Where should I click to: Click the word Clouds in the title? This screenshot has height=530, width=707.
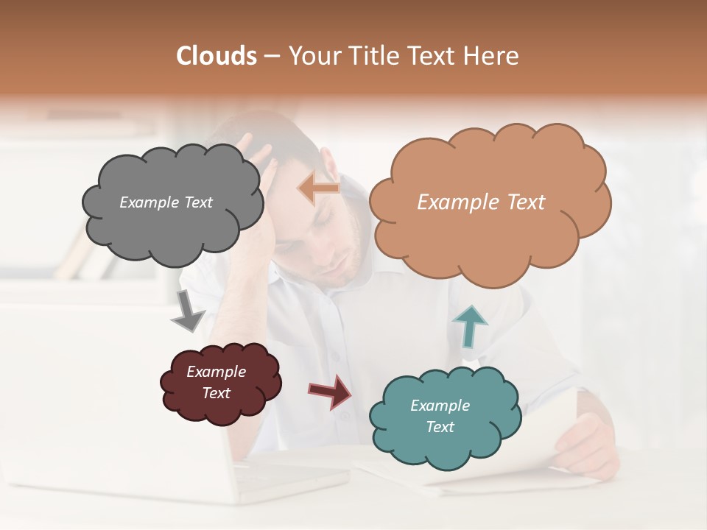coord(217,56)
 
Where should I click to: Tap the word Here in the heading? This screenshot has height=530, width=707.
coord(493,56)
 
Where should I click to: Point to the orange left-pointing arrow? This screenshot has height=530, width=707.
coord(318,189)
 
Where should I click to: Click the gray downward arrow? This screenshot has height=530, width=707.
coord(187,311)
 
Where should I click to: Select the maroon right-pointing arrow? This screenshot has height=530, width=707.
coord(331,391)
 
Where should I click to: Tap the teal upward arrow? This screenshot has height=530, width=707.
coord(469,326)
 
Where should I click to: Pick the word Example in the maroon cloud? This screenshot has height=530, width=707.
coord(216,372)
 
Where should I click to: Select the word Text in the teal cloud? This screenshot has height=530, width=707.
coord(440,427)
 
